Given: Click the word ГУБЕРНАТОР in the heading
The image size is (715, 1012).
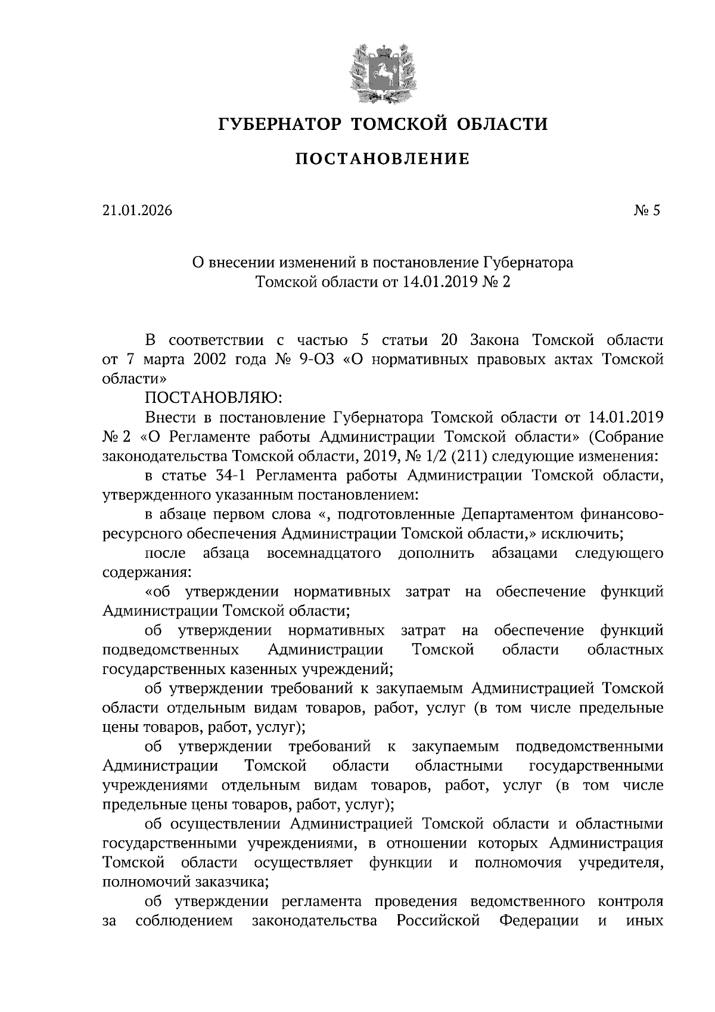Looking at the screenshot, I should click(279, 124).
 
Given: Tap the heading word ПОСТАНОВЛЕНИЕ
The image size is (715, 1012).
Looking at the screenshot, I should click(383, 159).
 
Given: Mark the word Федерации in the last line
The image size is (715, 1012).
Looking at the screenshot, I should click(539, 921).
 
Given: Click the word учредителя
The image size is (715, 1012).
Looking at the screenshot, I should click(621, 862).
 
